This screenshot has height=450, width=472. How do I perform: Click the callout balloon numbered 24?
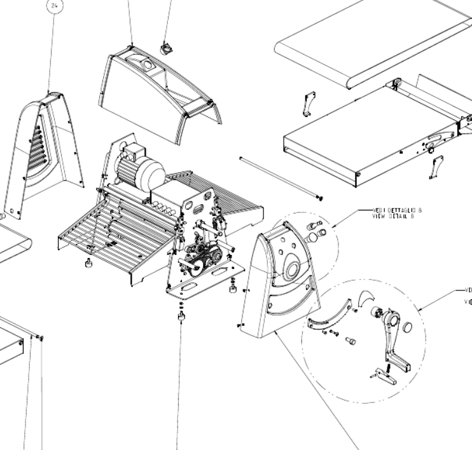(x=53, y=6)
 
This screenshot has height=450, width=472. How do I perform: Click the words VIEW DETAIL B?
(x=395, y=215)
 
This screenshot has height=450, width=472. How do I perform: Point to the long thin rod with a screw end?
(x=280, y=178)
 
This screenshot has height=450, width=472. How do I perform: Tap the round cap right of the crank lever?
(x=408, y=328)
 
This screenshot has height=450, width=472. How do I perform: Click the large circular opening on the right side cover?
(x=293, y=269)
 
